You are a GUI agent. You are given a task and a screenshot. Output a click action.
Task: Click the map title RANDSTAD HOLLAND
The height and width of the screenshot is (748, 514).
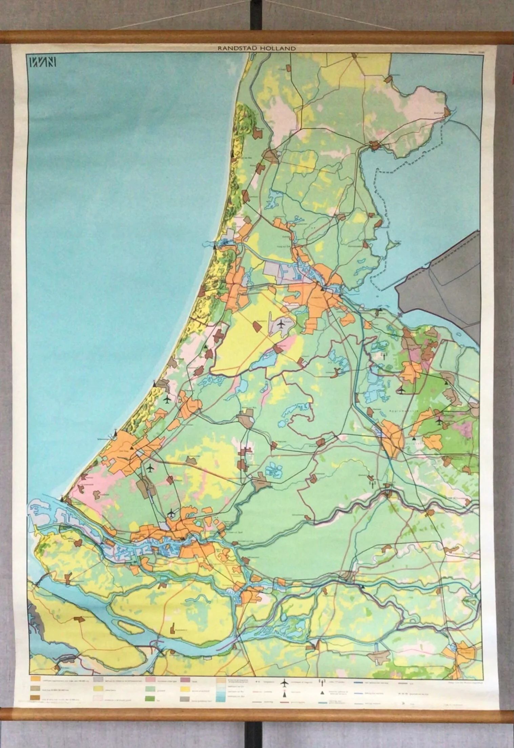pyautogui.click(x=257, y=48)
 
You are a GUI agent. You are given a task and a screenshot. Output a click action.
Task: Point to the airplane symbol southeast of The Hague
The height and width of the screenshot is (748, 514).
pyautogui.click(x=150, y=468)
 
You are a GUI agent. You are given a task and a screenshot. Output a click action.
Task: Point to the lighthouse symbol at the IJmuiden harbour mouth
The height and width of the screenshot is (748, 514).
pyautogui.click(x=214, y=247)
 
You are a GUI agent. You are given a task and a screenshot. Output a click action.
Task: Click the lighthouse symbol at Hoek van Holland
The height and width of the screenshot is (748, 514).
pyautogui.click(x=62, y=498)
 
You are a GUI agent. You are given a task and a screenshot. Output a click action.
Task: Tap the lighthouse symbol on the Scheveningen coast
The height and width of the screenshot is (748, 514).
pyautogui.click(x=116, y=433)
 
